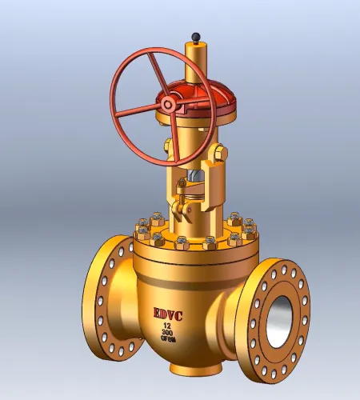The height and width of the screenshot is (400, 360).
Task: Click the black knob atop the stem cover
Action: (194, 37)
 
